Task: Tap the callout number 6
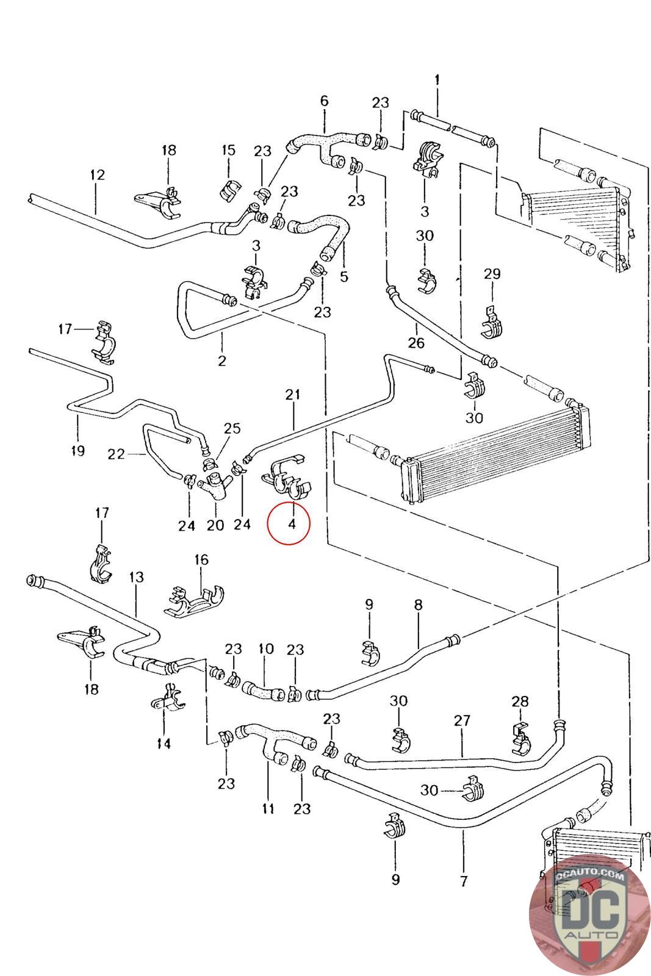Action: point(324,101)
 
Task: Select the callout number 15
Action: point(228,150)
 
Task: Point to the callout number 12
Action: point(97,175)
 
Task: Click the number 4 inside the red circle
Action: point(292,523)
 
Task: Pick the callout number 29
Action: point(492,274)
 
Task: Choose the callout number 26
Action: point(416,343)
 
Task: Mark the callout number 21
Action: point(293,395)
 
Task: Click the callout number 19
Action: point(77,450)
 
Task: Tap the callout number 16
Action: point(201,559)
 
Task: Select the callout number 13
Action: point(137,576)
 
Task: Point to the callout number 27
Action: point(462,720)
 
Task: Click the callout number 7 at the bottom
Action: point(464,881)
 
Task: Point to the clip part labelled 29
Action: point(492,324)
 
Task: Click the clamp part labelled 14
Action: point(167,700)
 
